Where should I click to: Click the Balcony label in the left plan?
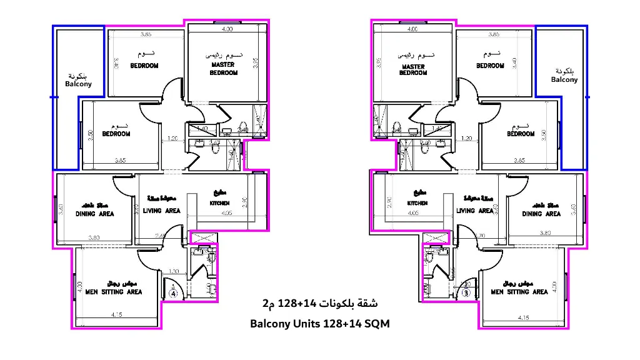78,84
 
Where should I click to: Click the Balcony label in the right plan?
564,79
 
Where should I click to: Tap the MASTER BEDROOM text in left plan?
224,68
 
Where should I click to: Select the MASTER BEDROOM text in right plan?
413,69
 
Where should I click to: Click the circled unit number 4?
173,292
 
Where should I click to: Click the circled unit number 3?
466,292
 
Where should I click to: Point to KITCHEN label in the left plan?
219,203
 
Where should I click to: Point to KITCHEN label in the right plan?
417,203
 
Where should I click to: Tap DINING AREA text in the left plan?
95,214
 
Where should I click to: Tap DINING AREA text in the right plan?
541,214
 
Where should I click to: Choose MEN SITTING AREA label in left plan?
114,292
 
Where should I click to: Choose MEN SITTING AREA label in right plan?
519,292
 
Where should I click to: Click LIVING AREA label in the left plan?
162,211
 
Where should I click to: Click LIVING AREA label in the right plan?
474,211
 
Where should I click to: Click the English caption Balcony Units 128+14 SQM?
319,324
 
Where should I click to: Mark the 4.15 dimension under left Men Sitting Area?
116,313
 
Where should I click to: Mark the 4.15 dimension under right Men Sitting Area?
524,317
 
